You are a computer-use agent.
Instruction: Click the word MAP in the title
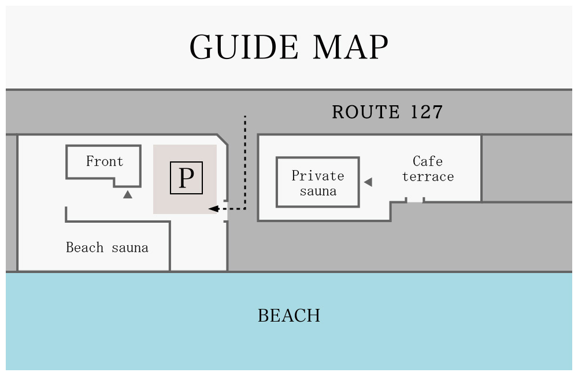click(x=351, y=47)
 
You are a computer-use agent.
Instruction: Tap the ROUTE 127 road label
click(x=387, y=112)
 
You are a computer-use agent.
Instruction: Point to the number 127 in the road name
click(x=427, y=112)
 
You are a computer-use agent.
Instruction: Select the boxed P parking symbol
click(x=186, y=178)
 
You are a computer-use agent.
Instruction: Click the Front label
click(x=105, y=161)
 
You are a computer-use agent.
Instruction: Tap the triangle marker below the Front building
click(x=128, y=195)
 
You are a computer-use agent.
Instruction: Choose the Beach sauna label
click(x=107, y=248)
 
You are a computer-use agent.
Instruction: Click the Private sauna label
click(x=317, y=183)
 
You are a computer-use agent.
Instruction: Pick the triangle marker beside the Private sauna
click(x=368, y=182)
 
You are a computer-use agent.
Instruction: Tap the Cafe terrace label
click(x=428, y=169)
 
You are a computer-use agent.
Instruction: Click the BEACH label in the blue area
click(x=289, y=316)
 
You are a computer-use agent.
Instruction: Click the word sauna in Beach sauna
click(x=130, y=248)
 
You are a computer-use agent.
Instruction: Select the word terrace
click(x=428, y=176)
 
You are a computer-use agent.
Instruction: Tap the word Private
click(x=317, y=175)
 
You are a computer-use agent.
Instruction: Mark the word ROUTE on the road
click(x=366, y=112)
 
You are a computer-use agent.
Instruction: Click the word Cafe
click(x=428, y=161)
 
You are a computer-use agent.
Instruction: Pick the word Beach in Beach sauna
click(x=84, y=248)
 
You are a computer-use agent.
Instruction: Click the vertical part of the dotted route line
click(x=245, y=162)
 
